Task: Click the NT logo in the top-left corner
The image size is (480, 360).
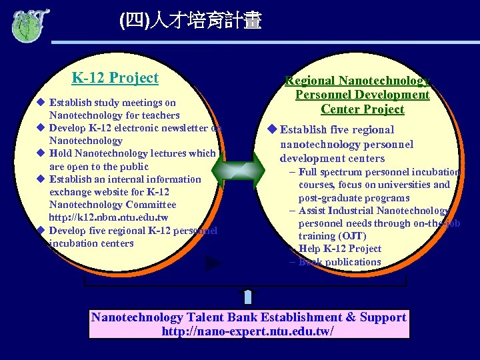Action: tap(30, 24)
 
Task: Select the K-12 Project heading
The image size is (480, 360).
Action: tap(115, 78)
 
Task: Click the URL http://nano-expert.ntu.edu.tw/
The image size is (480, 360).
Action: tap(248, 331)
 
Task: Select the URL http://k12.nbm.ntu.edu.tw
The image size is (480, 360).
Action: tap(109, 217)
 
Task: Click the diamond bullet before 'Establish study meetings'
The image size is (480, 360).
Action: tap(41, 103)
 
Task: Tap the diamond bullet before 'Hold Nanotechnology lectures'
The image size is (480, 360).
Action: tap(41, 153)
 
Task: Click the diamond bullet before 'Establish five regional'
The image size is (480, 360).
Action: tap(271, 129)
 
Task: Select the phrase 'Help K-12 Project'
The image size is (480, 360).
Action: tap(340, 249)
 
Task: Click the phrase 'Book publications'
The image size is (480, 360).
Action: tap(340, 262)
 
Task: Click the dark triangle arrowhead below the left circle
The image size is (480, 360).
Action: tap(213, 263)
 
